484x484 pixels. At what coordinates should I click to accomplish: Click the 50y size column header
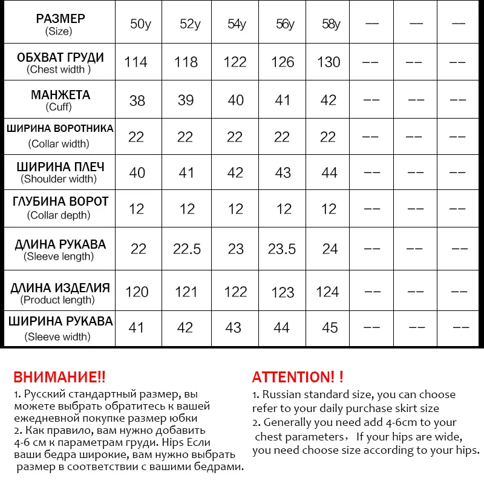[140, 25]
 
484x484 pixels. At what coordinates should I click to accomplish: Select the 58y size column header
[331, 25]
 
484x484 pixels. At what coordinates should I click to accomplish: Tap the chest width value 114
[136, 62]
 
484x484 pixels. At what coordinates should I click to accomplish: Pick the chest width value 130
[329, 62]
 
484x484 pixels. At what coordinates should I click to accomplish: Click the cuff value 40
[235, 100]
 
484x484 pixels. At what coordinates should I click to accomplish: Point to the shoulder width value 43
[283, 172]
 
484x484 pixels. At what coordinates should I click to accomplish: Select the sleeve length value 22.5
[187, 249]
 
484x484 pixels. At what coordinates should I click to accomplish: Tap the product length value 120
[137, 292]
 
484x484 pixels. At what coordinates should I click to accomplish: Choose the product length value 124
[327, 292]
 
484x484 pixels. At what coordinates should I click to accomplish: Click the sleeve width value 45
[330, 327]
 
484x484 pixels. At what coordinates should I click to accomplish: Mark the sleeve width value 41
[137, 327]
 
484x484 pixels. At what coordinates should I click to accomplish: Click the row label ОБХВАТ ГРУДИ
[60, 58]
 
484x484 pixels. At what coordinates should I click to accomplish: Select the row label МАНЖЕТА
[60, 95]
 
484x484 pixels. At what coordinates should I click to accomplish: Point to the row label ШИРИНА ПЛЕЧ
[60, 167]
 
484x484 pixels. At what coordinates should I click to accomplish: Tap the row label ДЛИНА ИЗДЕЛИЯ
[60, 288]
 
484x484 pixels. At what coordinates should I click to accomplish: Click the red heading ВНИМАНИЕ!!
[59, 377]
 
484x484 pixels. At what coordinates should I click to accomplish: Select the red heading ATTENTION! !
[298, 377]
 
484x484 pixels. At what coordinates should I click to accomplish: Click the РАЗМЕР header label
[60, 19]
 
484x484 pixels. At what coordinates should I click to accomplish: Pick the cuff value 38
[137, 100]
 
